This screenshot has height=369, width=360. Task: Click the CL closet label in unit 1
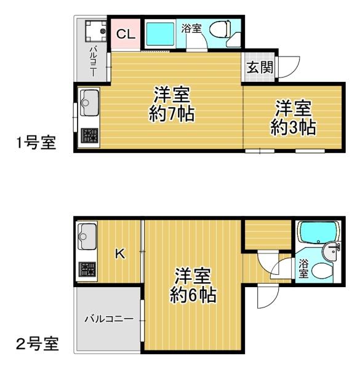point(126,34)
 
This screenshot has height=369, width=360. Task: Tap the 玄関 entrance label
point(259,68)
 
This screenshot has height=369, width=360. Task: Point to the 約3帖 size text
point(293,127)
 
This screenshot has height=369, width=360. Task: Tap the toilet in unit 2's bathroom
point(322,270)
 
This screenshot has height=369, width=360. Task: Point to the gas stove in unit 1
point(89,135)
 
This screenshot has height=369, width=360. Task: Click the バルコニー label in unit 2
point(108,319)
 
